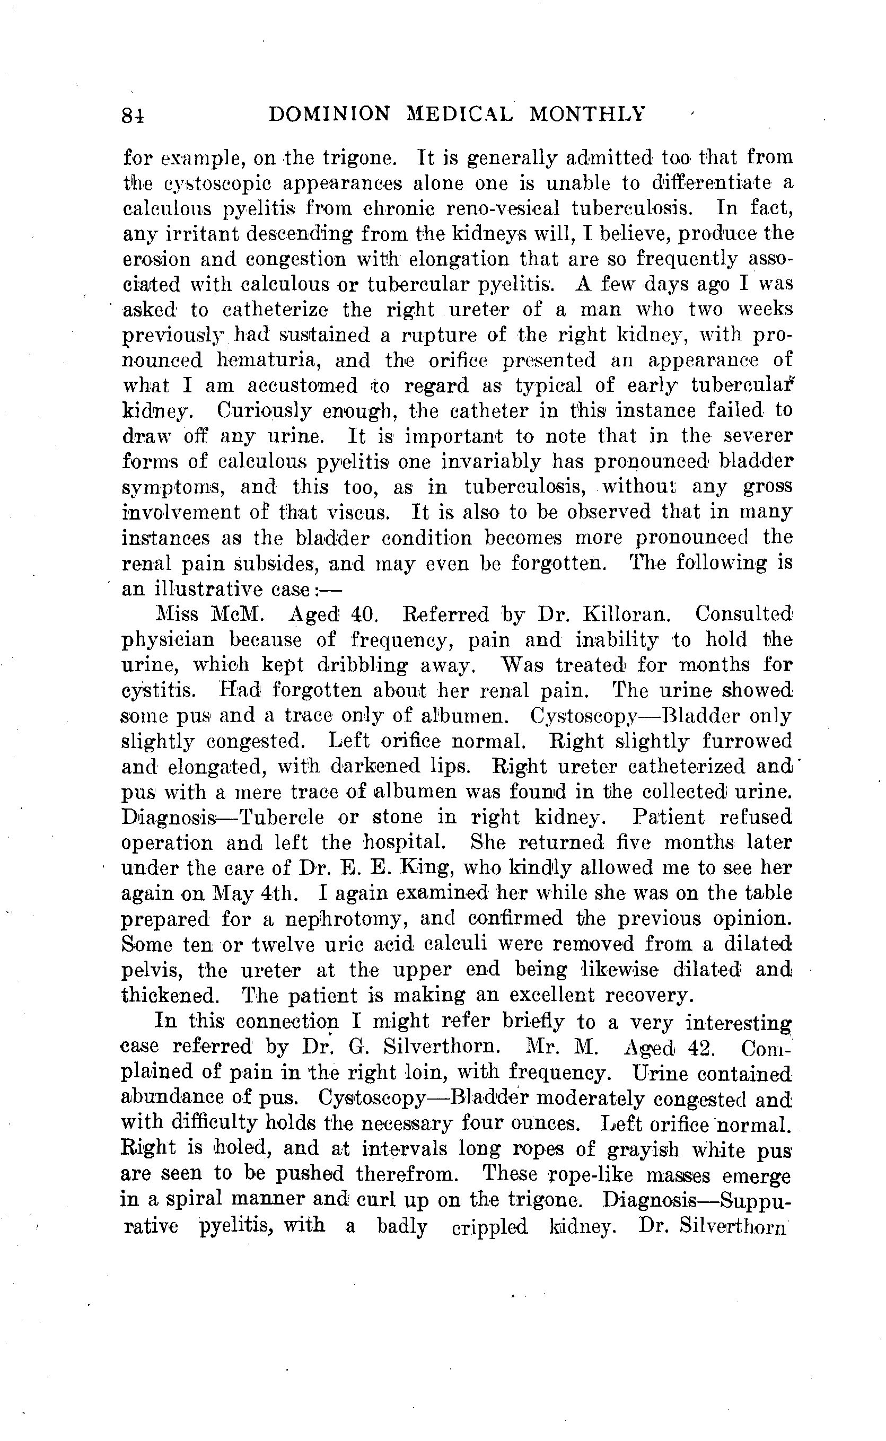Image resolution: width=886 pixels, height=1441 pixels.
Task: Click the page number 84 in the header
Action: (x=133, y=116)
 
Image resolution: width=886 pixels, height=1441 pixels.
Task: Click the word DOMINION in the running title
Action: (x=329, y=113)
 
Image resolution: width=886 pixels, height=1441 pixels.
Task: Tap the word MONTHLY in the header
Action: (x=586, y=113)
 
